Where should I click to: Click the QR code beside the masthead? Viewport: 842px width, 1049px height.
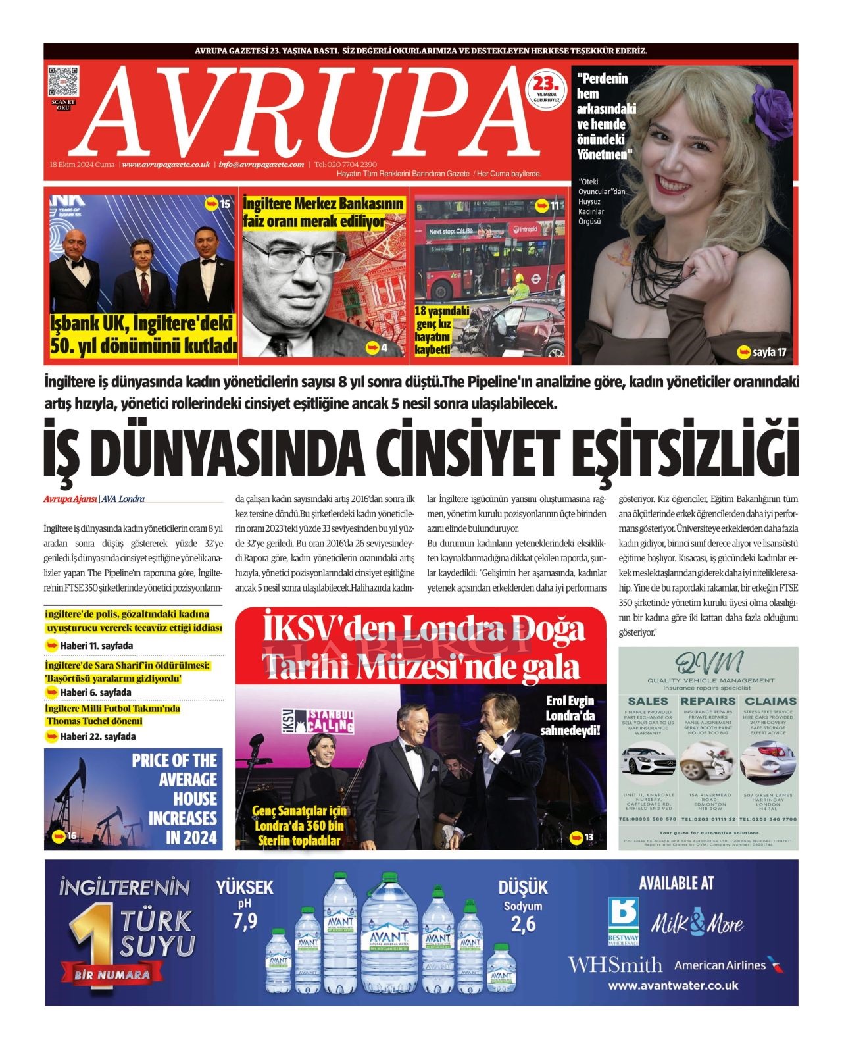pyautogui.click(x=64, y=82)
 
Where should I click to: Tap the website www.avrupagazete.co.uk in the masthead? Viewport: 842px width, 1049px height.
pyautogui.click(x=166, y=165)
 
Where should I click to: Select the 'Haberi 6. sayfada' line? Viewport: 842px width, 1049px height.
pyautogui.click(x=95, y=692)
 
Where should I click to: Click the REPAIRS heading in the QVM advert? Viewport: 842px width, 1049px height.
pyautogui.click(x=708, y=702)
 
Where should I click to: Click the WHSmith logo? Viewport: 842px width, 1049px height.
pyautogui.click(x=615, y=965)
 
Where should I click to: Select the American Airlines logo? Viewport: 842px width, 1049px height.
pyautogui.click(x=729, y=965)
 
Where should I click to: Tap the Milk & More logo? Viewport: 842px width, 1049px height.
pyautogui.click(x=697, y=923)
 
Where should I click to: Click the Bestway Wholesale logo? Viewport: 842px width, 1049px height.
pyautogui.click(x=624, y=921)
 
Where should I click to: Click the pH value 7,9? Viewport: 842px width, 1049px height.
pyautogui.click(x=245, y=921)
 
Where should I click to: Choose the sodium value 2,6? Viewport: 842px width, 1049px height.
pyautogui.click(x=523, y=924)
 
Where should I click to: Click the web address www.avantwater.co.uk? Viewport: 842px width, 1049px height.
pyautogui.click(x=673, y=986)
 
